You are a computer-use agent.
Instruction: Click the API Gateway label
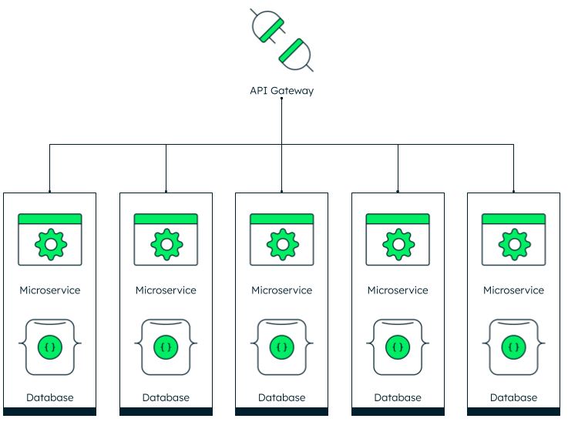pyautogui.click(x=282, y=90)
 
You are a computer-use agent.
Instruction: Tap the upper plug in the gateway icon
pyautogui.click(x=268, y=26)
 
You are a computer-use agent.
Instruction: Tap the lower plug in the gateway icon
pyautogui.click(x=296, y=54)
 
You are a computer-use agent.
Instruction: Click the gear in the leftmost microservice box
pyautogui.click(x=51, y=244)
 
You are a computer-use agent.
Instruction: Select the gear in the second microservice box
pyautogui.click(x=166, y=244)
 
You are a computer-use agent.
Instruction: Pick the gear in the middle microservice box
pyautogui.click(x=283, y=244)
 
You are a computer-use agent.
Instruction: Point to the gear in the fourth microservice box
pyautogui.click(x=398, y=244)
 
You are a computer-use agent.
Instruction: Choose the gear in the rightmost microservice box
pyautogui.click(x=514, y=244)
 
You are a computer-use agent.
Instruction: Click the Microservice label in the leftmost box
pyautogui.click(x=50, y=290)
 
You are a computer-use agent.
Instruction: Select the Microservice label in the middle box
pyautogui.click(x=282, y=290)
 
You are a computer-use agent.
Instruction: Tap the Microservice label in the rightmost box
pyautogui.click(x=513, y=290)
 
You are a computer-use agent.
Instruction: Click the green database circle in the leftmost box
pyautogui.click(x=50, y=347)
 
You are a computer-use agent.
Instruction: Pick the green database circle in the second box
pyautogui.click(x=166, y=347)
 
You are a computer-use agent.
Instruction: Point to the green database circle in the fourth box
pyautogui.click(x=398, y=347)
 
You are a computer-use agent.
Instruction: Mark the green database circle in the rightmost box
pyautogui.click(x=513, y=347)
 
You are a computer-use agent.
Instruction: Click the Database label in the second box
pyautogui.click(x=166, y=398)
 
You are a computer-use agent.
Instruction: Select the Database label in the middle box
pyautogui.click(x=282, y=398)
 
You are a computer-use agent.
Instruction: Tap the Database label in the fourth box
pyautogui.click(x=398, y=398)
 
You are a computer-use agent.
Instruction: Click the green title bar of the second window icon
pyautogui.click(x=166, y=219)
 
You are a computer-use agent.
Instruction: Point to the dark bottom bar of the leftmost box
pyautogui.click(x=49, y=411)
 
